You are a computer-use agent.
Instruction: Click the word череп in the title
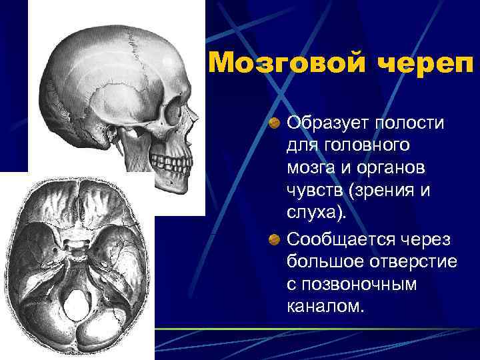tap(421, 63)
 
